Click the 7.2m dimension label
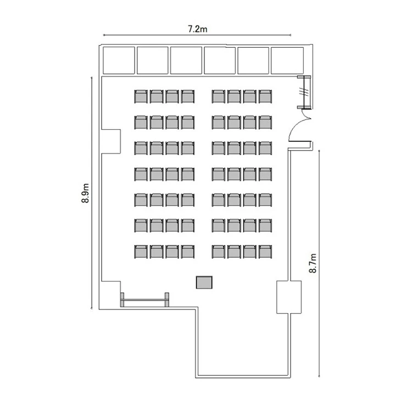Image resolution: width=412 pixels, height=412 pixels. coord(198,29)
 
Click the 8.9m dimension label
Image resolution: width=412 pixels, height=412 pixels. coord(85,193)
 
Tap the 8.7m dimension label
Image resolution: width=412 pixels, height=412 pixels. coord(313,263)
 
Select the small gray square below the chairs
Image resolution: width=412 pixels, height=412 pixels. coord(204,282)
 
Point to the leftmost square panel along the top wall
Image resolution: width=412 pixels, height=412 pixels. coord(119,60)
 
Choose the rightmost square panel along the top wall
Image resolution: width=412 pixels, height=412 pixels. coord(287,60)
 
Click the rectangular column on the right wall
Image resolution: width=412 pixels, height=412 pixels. coord(289,297)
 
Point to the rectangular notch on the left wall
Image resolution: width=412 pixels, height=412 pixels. coord(111,141)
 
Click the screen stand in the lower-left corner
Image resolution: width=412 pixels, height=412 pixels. coord(144,299)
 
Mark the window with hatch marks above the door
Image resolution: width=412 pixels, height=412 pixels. coord(305,92)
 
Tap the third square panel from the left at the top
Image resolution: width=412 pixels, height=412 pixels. coord(186,60)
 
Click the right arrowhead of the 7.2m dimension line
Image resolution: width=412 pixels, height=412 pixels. coord(291,35)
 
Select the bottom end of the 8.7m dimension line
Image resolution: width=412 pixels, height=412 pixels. coord(319,376)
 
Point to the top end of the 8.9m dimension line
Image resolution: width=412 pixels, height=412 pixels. coord(91,77)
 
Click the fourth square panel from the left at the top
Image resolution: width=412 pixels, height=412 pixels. coord(220,60)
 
